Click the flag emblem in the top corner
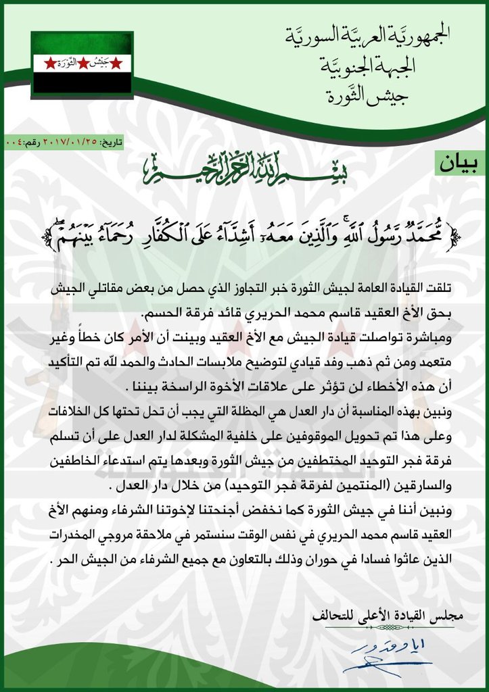pos(82,64)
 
